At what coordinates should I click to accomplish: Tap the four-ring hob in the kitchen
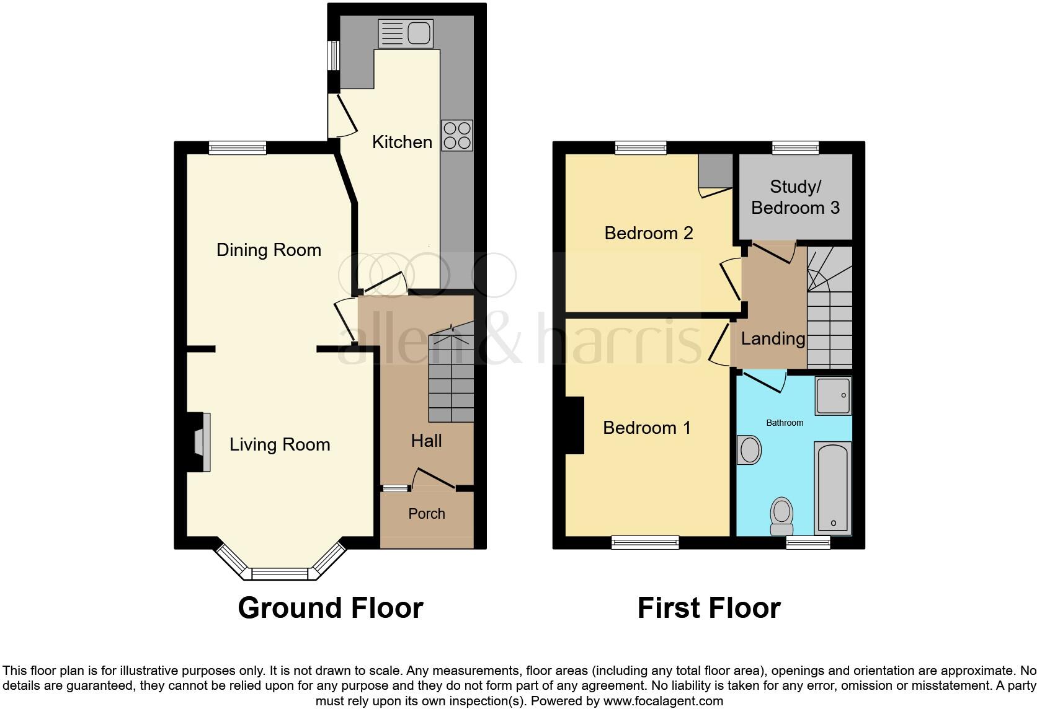(457, 135)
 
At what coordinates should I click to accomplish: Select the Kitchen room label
(402, 142)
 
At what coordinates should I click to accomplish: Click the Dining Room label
(269, 250)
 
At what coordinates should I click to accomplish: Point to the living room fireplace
(200, 443)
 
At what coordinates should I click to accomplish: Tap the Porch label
(427, 514)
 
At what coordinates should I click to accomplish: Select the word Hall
(427, 441)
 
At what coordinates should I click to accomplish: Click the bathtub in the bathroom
(832, 488)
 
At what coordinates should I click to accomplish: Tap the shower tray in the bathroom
(833, 395)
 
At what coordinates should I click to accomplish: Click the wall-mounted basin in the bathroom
(749, 449)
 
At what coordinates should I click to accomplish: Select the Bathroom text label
(785, 423)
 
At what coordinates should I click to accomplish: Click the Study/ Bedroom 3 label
(795, 197)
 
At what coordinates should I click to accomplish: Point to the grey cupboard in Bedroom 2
(715, 170)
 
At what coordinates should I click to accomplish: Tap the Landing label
(773, 338)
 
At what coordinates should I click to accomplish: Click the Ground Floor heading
(331, 608)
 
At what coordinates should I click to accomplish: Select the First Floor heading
(709, 608)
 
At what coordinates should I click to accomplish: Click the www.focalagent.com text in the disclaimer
(663, 701)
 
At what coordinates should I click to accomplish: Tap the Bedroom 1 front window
(645, 542)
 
